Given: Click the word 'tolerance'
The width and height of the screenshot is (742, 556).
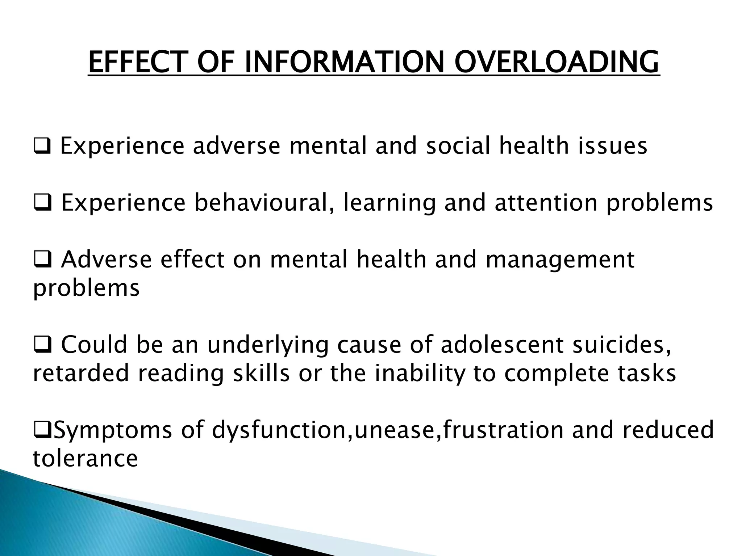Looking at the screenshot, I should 86,458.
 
